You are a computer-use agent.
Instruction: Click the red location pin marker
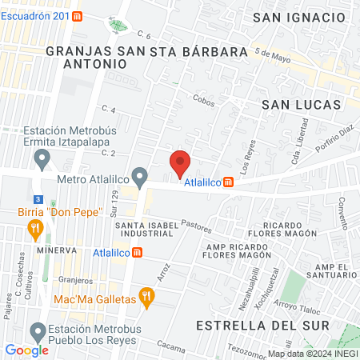(180, 163)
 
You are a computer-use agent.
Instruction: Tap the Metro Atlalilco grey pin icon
(140, 175)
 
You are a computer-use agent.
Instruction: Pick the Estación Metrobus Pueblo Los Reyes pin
(38, 330)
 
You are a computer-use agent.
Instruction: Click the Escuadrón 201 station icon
(76, 16)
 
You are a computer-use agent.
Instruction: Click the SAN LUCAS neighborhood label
(301, 105)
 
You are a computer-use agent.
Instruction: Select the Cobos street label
(204, 98)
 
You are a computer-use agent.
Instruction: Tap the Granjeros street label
(76, 280)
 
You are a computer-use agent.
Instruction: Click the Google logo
(26, 350)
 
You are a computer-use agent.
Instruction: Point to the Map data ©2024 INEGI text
(312, 354)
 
